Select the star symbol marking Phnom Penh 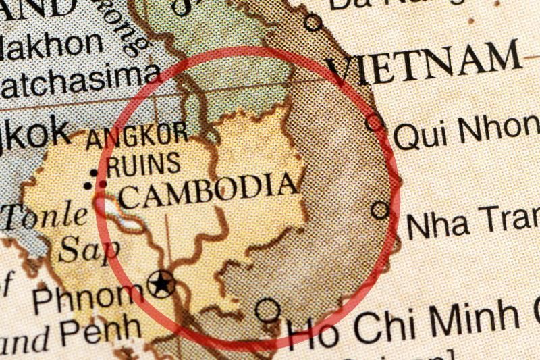(162, 283)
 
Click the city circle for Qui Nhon (375, 123)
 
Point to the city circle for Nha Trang (381, 211)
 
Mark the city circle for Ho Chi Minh (268, 310)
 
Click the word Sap (88, 249)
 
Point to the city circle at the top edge (313, 22)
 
